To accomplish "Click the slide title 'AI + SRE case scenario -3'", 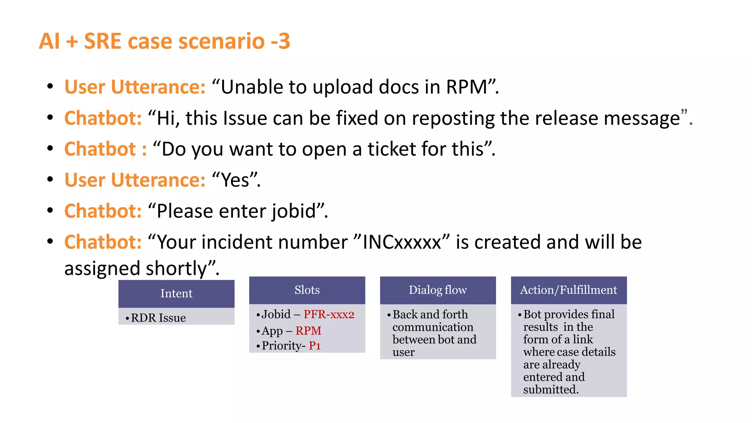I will [x=164, y=41].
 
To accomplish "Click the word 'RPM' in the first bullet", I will [x=466, y=87].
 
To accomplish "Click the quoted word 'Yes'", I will [x=235, y=180].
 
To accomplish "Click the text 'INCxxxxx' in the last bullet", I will [x=402, y=242].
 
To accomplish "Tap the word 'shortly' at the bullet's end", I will [x=176, y=268].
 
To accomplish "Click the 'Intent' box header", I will [x=176, y=293].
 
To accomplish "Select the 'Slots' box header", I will [x=307, y=290].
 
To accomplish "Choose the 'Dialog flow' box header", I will [x=438, y=290].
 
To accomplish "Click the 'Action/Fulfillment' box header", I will [x=568, y=290].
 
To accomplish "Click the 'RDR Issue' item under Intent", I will [x=158, y=318].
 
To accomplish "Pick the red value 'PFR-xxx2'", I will [x=329, y=314].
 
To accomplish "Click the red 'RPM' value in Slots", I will [x=308, y=331].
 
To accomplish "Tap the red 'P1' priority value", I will [x=315, y=346].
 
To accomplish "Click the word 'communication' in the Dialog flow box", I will [x=433, y=327].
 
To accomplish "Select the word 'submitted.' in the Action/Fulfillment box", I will [x=551, y=390].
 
